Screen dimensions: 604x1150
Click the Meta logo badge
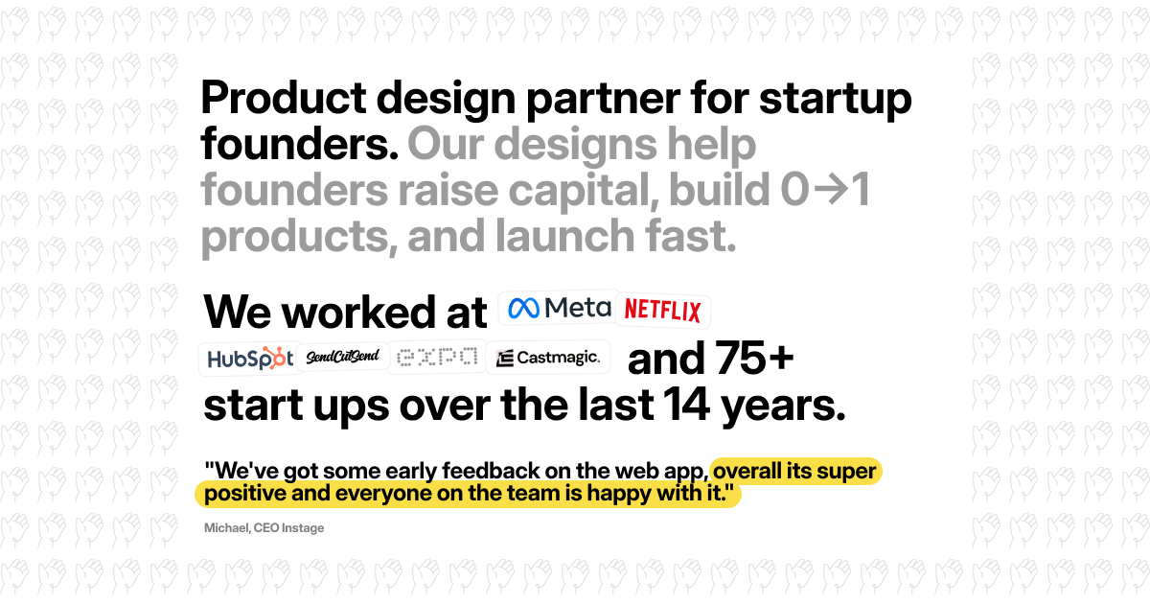click(x=559, y=308)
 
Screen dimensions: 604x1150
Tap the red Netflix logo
click(x=662, y=311)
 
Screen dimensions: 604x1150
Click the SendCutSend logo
click(x=343, y=357)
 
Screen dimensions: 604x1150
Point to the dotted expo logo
click(x=437, y=358)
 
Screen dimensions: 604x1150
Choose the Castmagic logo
click(x=548, y=359)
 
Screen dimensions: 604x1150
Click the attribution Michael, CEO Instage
click(x=264, y=527)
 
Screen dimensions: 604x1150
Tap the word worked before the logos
click(x=387, y=313)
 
